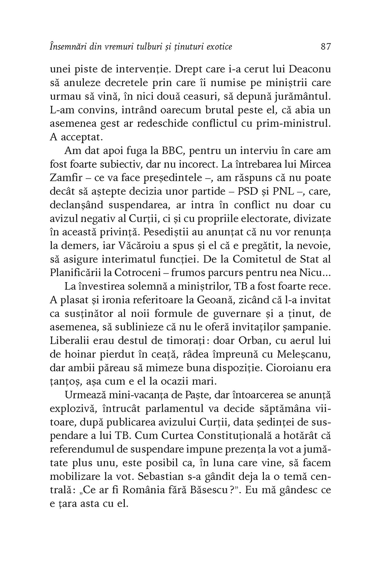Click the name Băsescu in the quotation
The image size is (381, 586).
[x=197, y=491]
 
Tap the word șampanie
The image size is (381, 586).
[x=307, y=327]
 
